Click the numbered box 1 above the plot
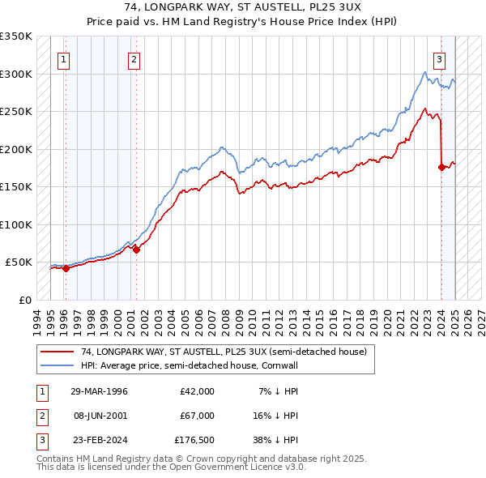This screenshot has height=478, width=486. point(64,58)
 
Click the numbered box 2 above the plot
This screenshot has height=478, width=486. point(134,58)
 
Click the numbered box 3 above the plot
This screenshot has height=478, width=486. point(439,58)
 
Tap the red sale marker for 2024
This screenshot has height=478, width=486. point(441,168)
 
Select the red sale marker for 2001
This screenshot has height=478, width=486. point(136,250)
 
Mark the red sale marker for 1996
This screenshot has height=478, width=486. point(66,268)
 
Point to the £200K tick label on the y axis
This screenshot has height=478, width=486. point(16,149)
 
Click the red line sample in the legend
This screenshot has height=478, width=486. point(57,352)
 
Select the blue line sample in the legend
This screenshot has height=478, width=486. point(57,365)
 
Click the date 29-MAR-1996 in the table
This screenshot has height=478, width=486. point(99,391)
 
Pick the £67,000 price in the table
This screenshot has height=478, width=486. point(197,415)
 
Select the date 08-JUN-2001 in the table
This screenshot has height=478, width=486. point(99,415)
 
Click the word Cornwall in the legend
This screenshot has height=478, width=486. point(281,365)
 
